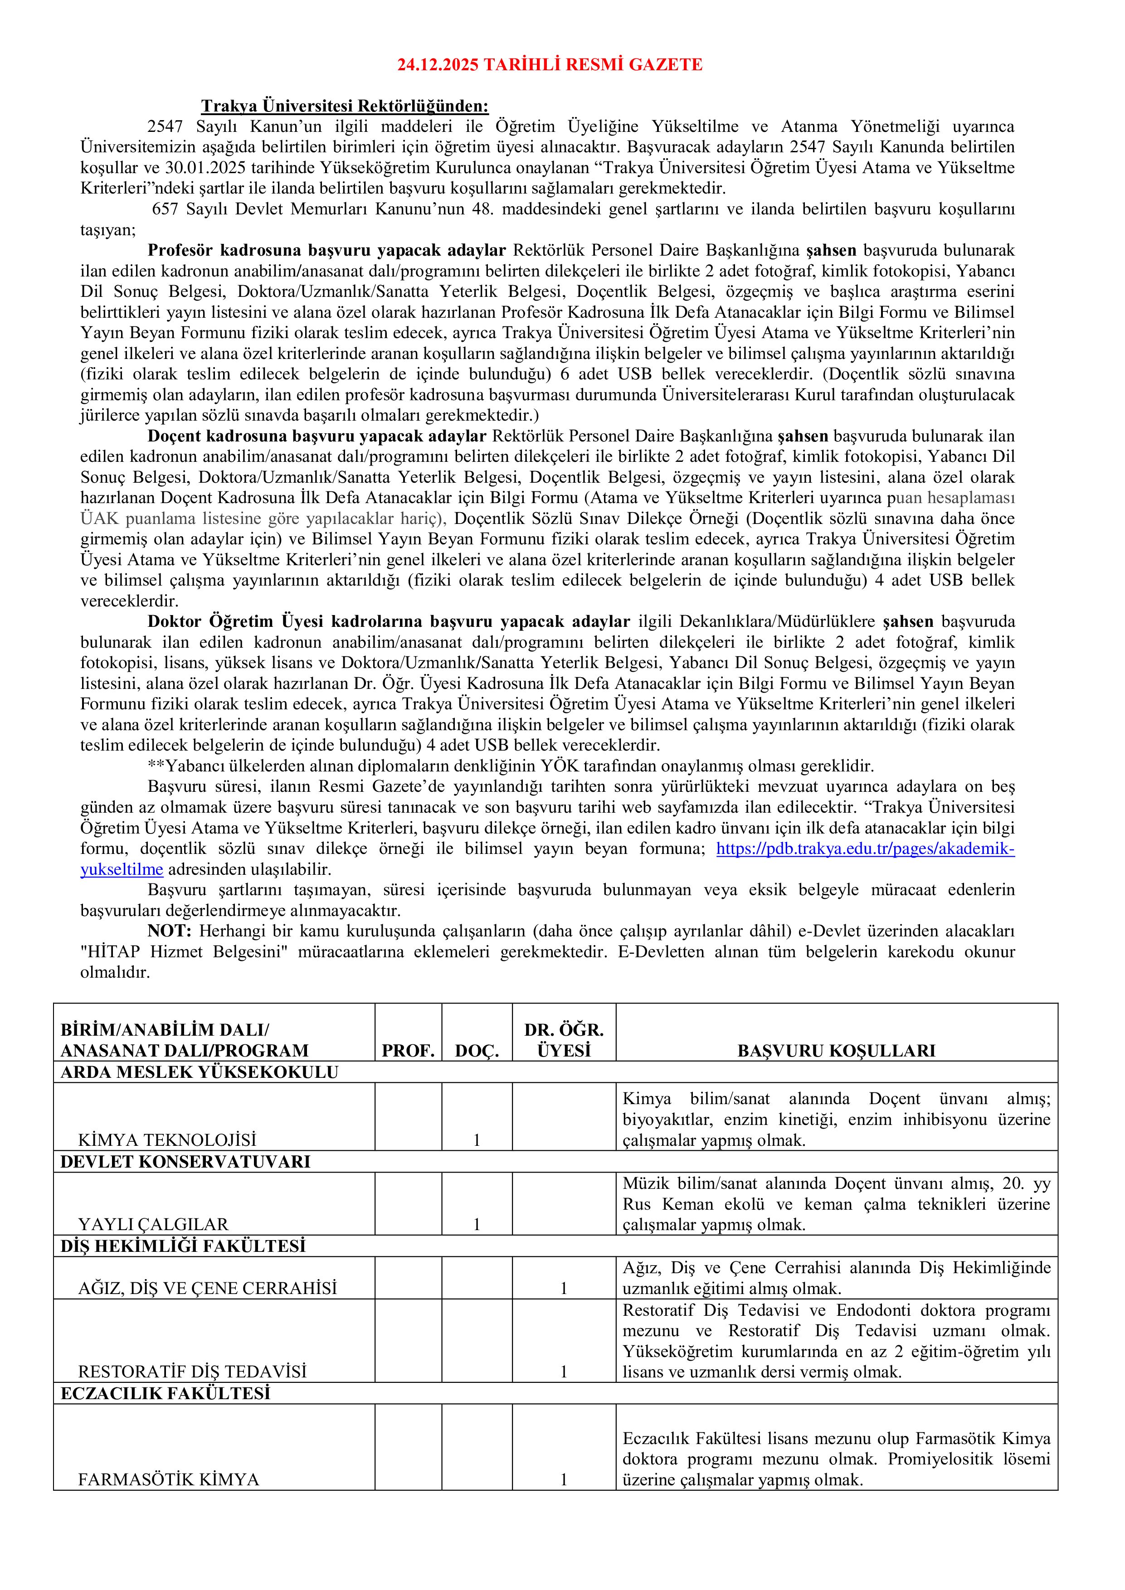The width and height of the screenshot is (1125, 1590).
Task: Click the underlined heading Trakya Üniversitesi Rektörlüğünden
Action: [344, 106]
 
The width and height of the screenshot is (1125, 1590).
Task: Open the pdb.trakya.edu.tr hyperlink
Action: [865, 849]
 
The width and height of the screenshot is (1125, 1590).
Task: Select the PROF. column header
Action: [408, 1051]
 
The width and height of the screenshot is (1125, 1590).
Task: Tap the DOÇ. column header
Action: [477, 1051]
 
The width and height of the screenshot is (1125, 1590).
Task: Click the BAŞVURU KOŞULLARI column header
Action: [836, 1051]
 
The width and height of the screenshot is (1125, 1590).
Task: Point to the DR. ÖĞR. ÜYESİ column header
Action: [564, 1040]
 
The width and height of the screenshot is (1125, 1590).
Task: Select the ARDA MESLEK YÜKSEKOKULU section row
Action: [200, 1072]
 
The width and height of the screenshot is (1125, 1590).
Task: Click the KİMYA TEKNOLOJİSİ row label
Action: [167, 1139]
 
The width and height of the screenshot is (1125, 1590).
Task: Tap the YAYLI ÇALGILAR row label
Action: [153, 1224]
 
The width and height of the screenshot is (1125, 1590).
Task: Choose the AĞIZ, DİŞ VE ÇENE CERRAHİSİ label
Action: [207, 1288]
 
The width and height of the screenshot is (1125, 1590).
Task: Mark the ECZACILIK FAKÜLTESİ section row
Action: [165, 1393]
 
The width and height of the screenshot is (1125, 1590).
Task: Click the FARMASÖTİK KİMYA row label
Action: [168, 1480]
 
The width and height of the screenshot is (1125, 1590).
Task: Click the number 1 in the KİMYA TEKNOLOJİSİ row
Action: [477, 1139]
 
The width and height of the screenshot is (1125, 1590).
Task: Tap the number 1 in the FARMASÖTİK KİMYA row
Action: [564, 1480]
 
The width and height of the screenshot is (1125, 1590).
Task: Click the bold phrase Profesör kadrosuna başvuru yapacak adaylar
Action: [327, 250]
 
